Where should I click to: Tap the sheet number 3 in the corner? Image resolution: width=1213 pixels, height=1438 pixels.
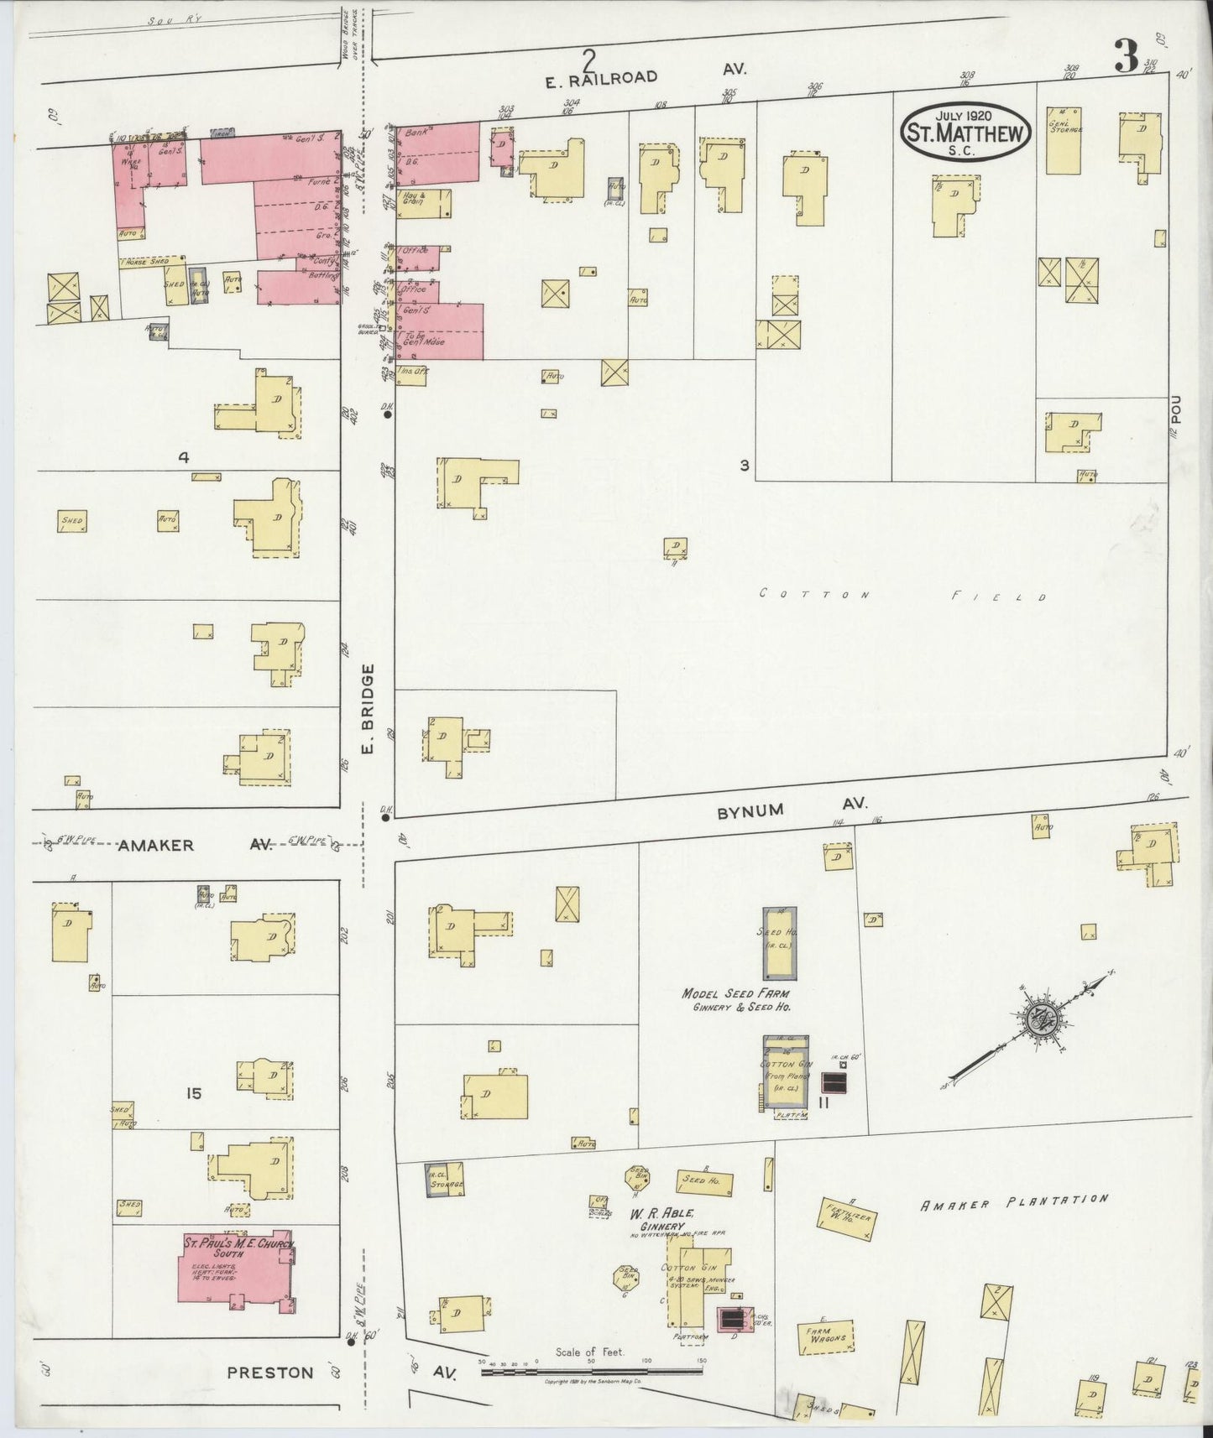pos(1126,57)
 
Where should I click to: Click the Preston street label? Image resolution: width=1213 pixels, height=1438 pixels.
pos(269,1373)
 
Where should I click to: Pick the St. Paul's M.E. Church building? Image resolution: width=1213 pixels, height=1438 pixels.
pos(236,1267)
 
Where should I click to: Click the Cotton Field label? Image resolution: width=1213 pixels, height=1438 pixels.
pos(902,595)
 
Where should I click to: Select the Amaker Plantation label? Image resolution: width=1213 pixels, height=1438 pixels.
pos(1014,1203)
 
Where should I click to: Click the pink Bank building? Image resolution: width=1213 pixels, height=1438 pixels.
pos(437,153)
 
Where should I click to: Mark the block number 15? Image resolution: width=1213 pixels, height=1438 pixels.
pos(194,1093)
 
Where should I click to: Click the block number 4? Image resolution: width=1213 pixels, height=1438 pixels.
pos(182,458)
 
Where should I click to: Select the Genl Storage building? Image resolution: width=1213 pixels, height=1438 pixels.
pos(1063,140)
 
